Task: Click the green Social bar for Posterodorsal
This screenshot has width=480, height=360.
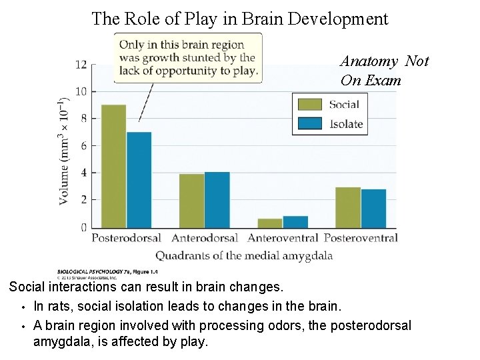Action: pos(113,166)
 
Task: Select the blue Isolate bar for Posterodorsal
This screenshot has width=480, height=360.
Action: pos(139,179)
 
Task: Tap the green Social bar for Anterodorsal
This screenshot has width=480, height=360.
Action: pos(191,200)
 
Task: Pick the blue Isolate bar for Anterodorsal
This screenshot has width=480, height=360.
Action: pos(217,199)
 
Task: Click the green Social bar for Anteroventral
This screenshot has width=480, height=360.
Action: pos(269,223)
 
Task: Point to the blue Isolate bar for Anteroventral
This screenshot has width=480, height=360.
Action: pos(295,221)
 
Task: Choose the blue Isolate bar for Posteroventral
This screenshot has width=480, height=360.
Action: pos(373,208)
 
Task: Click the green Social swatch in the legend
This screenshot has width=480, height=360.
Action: pos(309,104)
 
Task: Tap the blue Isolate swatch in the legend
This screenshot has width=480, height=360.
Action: pos(309,123)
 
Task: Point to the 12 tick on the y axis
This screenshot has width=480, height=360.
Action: pos(81,65)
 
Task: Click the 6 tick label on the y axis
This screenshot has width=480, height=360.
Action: pos(83,146)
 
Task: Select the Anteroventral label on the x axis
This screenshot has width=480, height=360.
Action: pos(283,238)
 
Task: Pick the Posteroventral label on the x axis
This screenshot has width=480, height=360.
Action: pos(360,238)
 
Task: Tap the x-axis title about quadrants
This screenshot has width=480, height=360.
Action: pos(244,255)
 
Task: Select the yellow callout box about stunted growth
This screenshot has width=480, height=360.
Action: pos(188,58)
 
